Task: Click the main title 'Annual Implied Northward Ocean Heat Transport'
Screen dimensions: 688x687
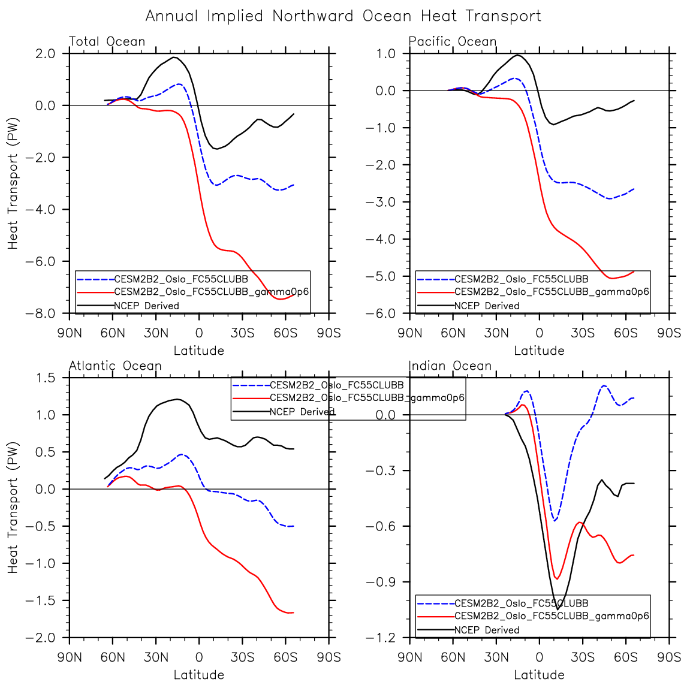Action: tap(343, 16)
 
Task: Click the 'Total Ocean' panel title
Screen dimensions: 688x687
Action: tap(107, 41)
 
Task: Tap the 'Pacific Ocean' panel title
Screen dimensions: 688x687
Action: tap(453, 41)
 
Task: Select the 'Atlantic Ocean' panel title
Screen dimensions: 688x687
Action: tap(115, 366)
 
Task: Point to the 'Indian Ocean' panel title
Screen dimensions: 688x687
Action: tap(450, 366)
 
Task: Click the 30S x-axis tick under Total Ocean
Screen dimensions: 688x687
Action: tap(242, 333)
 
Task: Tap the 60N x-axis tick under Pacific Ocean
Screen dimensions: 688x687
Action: tap(453, 333)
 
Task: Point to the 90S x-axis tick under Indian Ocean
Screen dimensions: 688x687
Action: tap(669, 657)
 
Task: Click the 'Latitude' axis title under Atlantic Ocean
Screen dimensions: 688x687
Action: tap(199, 675)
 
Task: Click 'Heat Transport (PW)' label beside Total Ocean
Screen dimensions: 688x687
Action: tap(13, 183)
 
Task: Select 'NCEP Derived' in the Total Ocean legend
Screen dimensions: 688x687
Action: tap(146, 306)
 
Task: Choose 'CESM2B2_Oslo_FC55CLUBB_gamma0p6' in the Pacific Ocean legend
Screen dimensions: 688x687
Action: tap(552, 292)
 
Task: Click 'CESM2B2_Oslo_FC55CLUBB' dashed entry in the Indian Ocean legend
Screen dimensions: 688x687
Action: tap(522, 603)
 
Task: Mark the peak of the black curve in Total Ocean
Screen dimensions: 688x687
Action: tap(174, 58)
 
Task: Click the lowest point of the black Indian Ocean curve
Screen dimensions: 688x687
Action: tap(558, 609)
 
